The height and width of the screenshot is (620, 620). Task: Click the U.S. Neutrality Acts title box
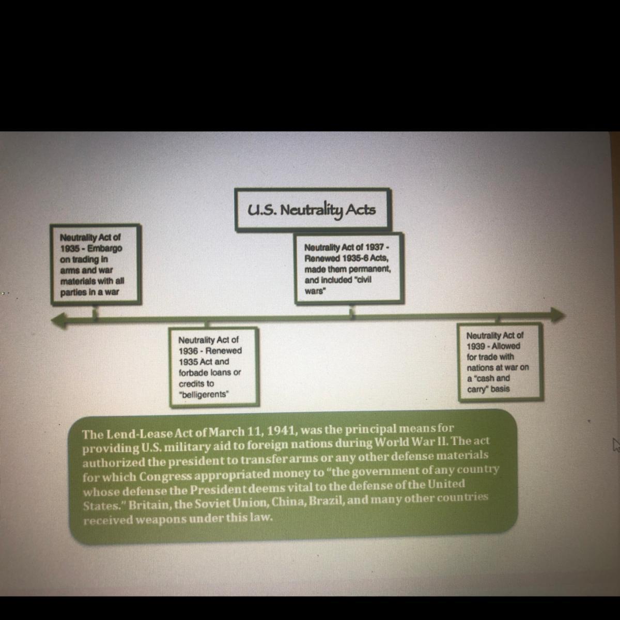[313, 209]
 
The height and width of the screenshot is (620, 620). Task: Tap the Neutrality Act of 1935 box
[95, 264]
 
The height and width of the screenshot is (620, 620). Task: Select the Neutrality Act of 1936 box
[213, 366]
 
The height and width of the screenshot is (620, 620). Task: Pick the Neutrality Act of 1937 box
[349, 268]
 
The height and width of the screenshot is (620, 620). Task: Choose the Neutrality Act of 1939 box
[500, 362]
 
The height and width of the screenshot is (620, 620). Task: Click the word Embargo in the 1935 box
[105, 248]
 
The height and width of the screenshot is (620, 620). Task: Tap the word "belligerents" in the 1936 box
[204, 394]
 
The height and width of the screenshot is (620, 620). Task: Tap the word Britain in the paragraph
[147, 508]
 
